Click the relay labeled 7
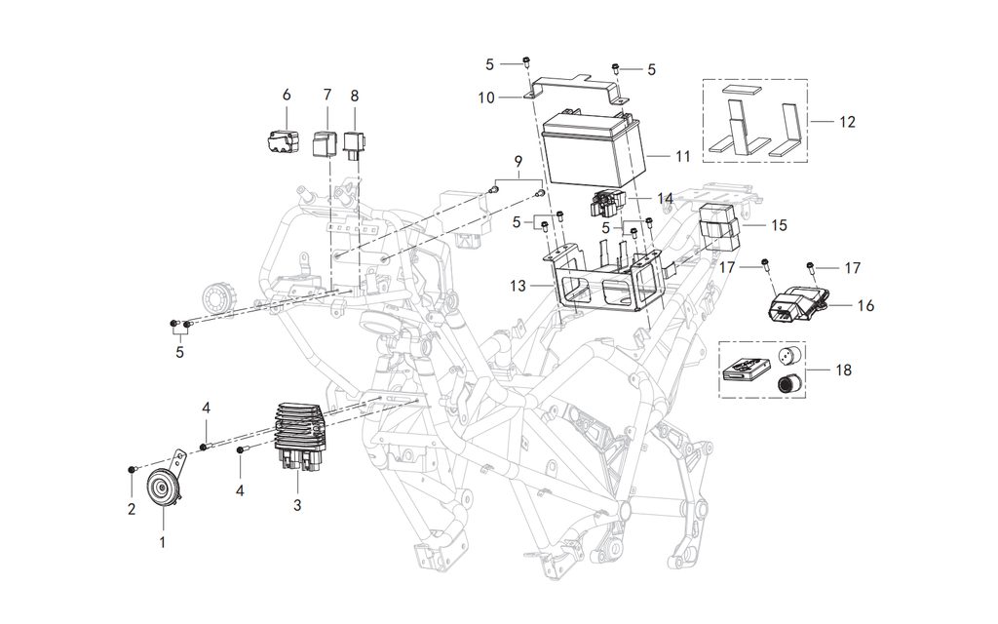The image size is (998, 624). (x=326, y=143)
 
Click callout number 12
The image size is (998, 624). (x=847, y=122)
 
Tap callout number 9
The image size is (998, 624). (x=518, y=160)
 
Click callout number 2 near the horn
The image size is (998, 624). (x=131, y=507)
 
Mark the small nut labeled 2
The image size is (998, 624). (x=132, y=470)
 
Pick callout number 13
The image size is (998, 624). (x=518, y=286)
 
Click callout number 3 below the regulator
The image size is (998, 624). (x=297, y=506)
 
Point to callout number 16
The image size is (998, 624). (x=865, y=305)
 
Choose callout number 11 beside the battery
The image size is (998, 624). (x=682, y=155)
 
